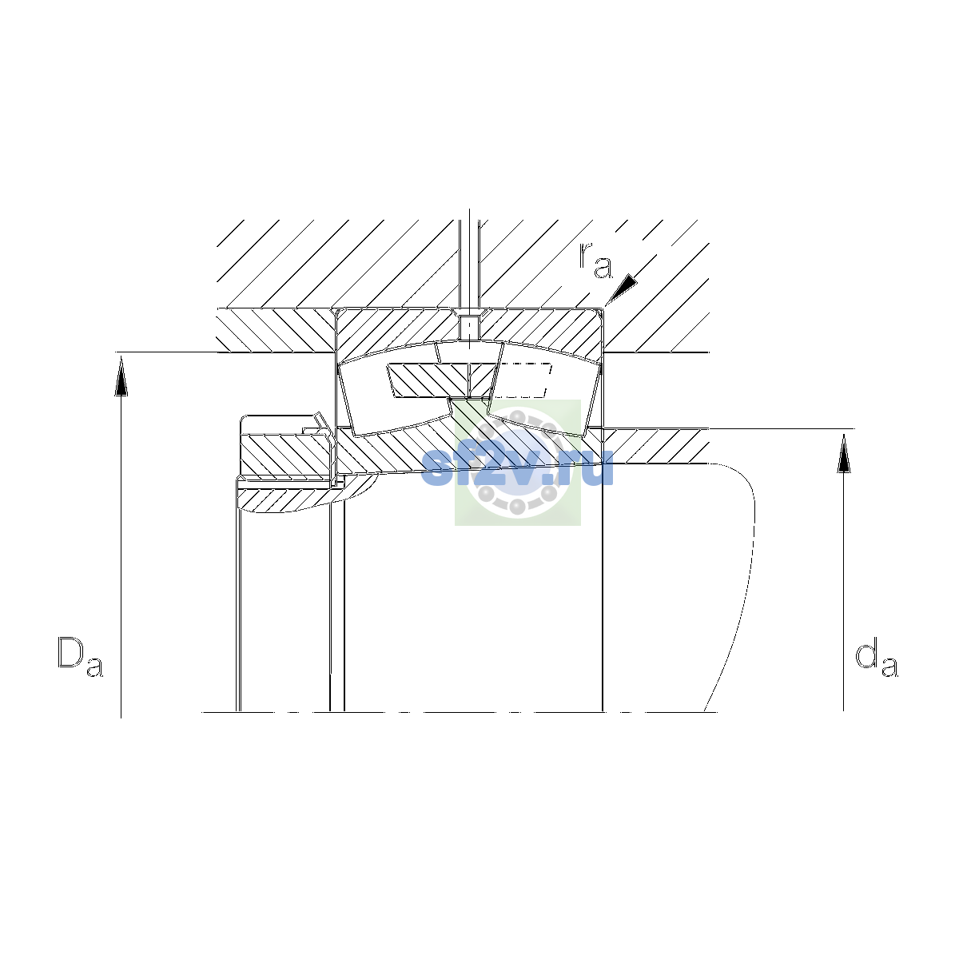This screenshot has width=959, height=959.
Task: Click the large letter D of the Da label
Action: click(70, 652)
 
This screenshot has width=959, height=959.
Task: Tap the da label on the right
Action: click(877, 660)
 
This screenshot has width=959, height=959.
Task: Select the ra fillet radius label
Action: click(595, 261)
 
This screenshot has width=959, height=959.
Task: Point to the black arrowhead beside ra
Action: click(621, 288)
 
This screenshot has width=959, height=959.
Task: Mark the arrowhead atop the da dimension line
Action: click(844, 453)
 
